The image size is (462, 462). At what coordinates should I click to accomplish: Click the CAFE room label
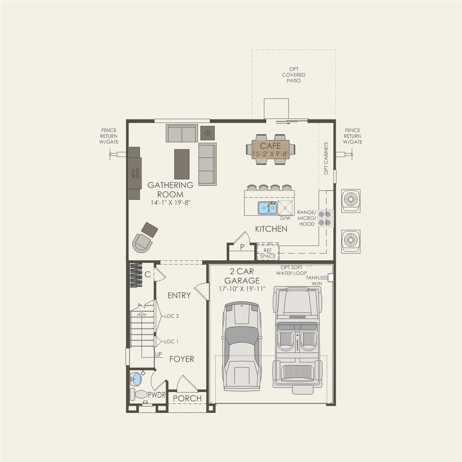tap(270, 146)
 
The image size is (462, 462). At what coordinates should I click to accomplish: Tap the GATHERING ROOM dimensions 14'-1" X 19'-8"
tap(171, 203)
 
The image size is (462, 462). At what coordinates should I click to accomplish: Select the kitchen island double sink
tap(268, 208)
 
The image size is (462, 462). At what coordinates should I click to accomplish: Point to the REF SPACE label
tap(268, 253)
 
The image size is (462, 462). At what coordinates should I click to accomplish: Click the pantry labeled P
tap(242, 247)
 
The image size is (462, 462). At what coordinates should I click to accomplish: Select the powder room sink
tap(136, 379)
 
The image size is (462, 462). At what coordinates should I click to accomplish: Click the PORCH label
tap(187, 398)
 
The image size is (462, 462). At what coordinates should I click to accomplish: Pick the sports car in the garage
tap(242, 346)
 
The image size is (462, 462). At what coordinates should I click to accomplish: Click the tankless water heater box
tap(330, 278)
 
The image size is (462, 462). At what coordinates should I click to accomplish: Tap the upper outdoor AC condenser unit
tap(351, 200)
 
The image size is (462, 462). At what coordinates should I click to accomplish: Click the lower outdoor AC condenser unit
tap(351, 241)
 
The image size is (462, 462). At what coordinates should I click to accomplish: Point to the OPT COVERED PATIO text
tap(294, 75)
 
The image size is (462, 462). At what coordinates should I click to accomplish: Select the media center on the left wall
tap(135, 173)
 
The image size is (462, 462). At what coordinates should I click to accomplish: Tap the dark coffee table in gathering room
tap(182, 164)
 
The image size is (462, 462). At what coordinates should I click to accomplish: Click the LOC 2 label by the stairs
tap(172, 316)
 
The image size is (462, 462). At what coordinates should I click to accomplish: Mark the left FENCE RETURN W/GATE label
tap(109, 136)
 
